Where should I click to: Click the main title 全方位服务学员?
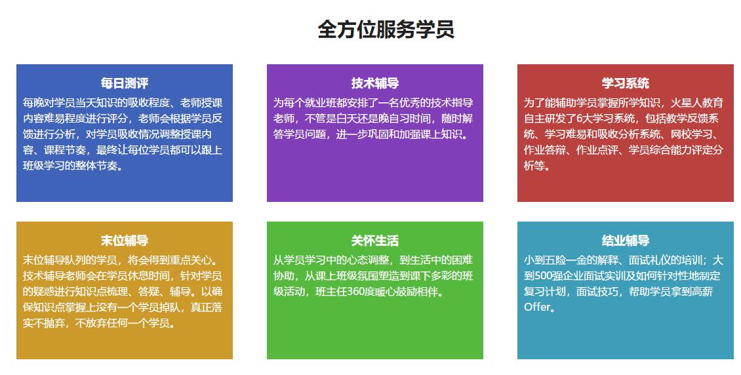[x=386, y=30]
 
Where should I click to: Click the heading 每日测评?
[x=125, y=83]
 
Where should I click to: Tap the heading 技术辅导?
[x=374, y=83]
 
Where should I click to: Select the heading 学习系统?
[x=625, y=83]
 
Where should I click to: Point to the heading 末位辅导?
[x=125, y=241]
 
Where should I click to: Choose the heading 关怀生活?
[x=374, y=241]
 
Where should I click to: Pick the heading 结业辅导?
[x=625, y=241]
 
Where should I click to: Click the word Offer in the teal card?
[x=537, y=307]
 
